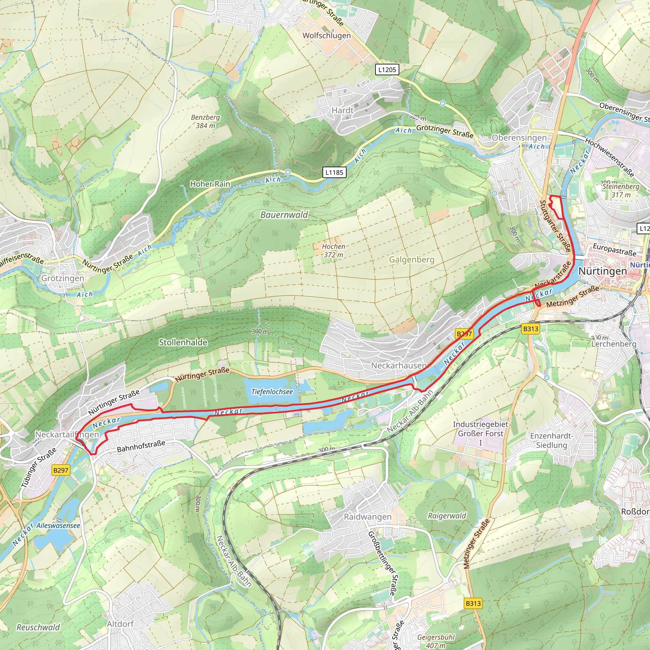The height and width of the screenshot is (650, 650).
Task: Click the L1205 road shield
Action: click(x=387, y=70)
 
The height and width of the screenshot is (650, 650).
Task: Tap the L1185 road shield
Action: click(x=334, y=173)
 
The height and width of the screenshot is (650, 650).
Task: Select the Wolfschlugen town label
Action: click(x=326, y=36)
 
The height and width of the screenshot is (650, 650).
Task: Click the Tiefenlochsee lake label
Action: click(x=272, y=392)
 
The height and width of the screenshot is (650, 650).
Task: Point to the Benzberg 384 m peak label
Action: click(x=205, y=122)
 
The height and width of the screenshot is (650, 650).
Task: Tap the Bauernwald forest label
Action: click(x=284, y=215)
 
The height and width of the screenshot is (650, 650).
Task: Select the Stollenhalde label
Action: click(x=183, y=342)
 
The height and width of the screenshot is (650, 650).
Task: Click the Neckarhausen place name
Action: click(x=398, y=365)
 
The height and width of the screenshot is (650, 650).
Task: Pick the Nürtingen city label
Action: click(x=603, y=271)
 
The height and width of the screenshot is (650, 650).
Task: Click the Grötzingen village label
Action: click(x=63, y=278)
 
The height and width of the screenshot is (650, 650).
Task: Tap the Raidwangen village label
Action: click(x=368, y=517)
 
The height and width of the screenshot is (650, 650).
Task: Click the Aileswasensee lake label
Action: click(x=58, y=526)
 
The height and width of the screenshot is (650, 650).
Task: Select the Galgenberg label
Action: click(x=411, y=260)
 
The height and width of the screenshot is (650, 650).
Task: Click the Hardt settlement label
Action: click(x=342, y=110)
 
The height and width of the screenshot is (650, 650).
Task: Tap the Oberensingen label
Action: click(x=519, y=138)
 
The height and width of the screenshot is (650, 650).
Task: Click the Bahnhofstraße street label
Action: click(x=141, y=446)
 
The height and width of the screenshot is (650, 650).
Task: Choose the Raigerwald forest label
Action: click(x=447, y=516)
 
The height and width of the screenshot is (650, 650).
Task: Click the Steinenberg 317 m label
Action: click(x=621, y=190)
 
